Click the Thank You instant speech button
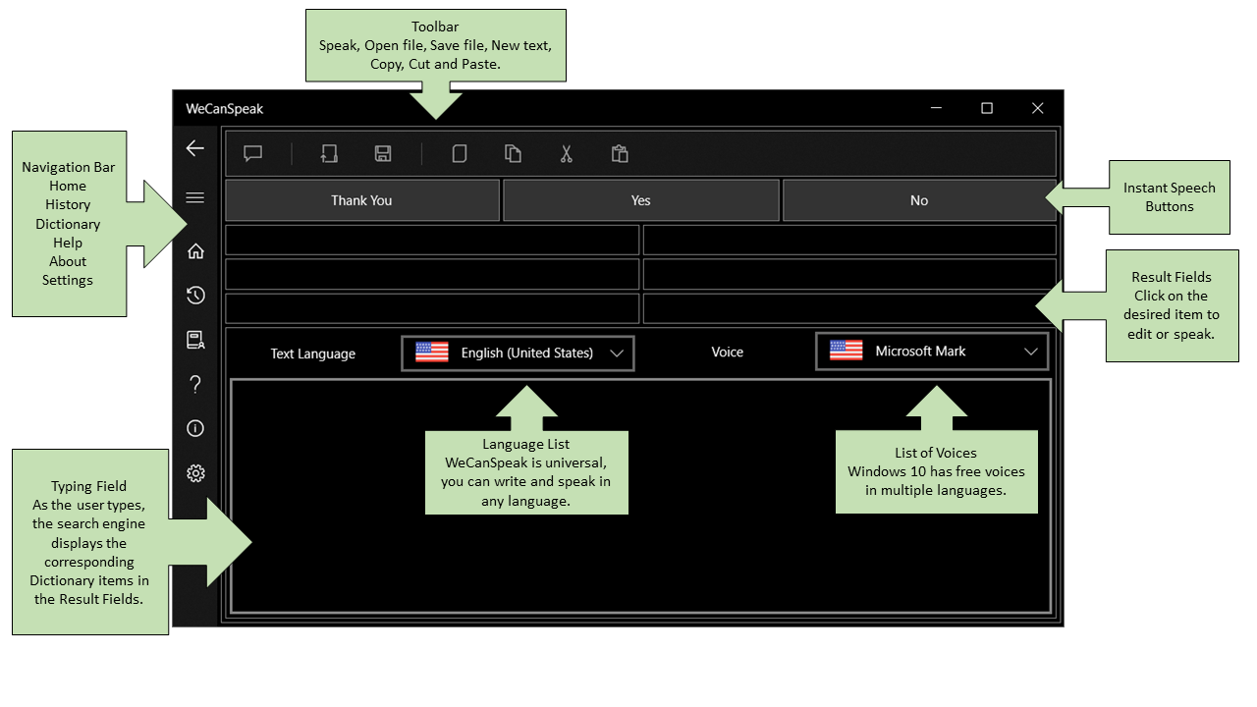[362, 200]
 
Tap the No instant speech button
[918, 200]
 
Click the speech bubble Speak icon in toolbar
[253, 153]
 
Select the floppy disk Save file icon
[383, 153]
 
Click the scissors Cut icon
[567, 153]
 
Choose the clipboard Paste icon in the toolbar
[620, 153]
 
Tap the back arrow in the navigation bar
[195, 148]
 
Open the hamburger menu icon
[195, 197]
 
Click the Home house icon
[195, 250]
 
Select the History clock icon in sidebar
[195, 296]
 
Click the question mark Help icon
[195, 384]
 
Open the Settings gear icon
[195, 473]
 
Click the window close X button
[1038, 108]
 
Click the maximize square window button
[987, 108]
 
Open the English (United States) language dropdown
[518, 353]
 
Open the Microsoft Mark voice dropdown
[932, 352]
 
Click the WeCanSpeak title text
[225, 109]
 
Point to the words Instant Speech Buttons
[1170, 197]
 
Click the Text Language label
[313, 353]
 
